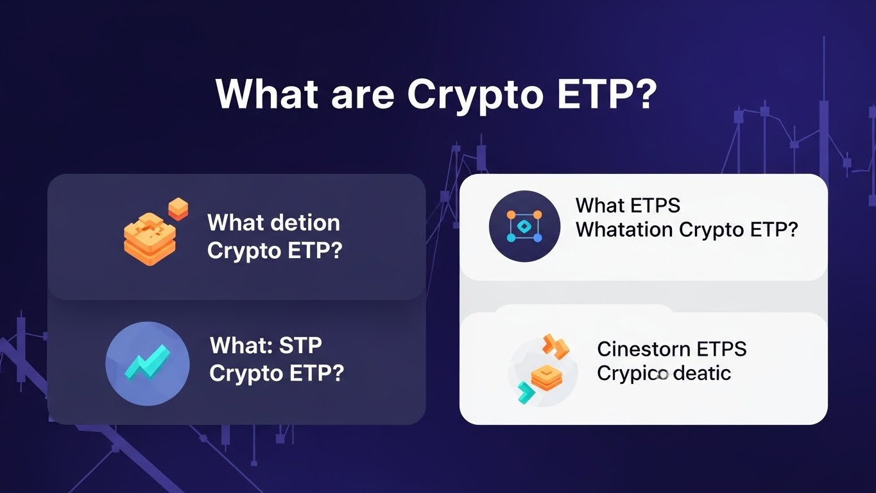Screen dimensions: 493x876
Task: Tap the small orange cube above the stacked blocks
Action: pyautogui.click(x=178, y=209)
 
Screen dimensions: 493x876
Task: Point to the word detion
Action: pyautogui.click(x=305, y=223)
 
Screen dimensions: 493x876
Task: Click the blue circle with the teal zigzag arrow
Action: pyautogui.click(x=147, y=363)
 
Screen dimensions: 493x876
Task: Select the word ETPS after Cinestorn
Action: pyautogui.click(x=721, y=349)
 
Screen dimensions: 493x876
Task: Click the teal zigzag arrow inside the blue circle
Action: pyautogui.click(x=147, y=363)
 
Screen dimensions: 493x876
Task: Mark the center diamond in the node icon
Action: pyautogui.click(x=524, y=227)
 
